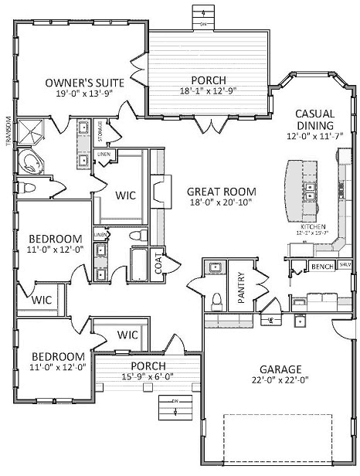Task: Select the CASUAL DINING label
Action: (x=314, y=119)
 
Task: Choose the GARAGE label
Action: (x=280, y=369)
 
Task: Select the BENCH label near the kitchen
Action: (x=321, y=267)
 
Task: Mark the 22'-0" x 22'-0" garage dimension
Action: (x=280, y=380)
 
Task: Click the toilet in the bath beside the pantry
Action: (x=217, y=298)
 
